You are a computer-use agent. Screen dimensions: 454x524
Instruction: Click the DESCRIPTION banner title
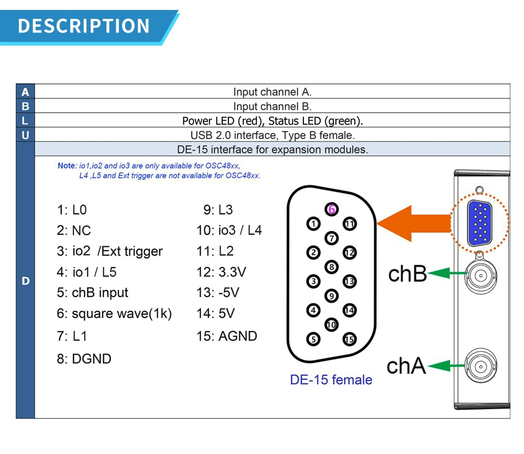pyautogui.click(x=84, y=26)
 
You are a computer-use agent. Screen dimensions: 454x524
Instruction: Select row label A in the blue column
pyautogui.click(x=25, y=92)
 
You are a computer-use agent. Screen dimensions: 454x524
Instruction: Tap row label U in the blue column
pyautogui.click(x=25, y=135)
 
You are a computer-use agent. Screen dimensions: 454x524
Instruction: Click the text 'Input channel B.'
pyautogui.click(x=272, y=106)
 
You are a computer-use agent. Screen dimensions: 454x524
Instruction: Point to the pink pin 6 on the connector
pyautogui.click(x=331, y=209)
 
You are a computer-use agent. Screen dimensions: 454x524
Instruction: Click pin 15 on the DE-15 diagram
pyautogui.click(x=349, y=339)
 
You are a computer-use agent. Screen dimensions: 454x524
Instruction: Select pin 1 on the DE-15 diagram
pyautogui.click(x=313, y=224)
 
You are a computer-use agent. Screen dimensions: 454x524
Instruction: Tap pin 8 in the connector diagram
pyautogui.click(x=331, y=267)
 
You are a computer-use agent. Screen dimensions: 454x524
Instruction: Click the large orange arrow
pyautogui.click(x=414, y=224)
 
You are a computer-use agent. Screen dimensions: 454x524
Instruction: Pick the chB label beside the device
pyautogui.click(x=407, y=274)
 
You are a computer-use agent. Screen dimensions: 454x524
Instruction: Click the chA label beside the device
pyautogui.click(x=406, y=366)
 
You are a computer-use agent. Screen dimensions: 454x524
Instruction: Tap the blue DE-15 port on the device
pyautogui.click(x=478, y=223)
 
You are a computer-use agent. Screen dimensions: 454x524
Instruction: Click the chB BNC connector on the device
pyautogui.click(x=480, y=273)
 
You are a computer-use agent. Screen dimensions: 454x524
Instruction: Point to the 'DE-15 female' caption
pyautogui.click(x=331, y=380)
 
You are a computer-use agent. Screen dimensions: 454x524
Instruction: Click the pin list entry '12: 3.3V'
pyautogui.click(x=221, y=272)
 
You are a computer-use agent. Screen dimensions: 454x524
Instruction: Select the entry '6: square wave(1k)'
pyautogui.click(x=114, y=314)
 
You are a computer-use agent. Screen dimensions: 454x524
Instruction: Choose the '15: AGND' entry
pyautogui.click(x=227, y=336)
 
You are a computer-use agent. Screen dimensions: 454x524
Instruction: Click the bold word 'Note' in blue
pyautogui.click(x=67, y=166)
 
